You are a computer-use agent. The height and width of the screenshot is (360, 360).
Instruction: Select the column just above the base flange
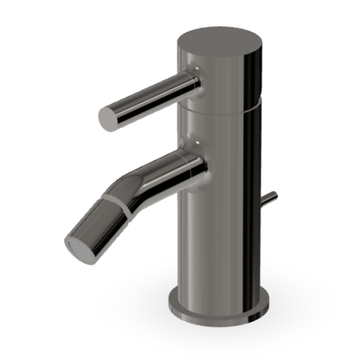click(216, 284)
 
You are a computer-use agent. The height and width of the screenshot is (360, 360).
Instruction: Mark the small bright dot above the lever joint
click(194, 70)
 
